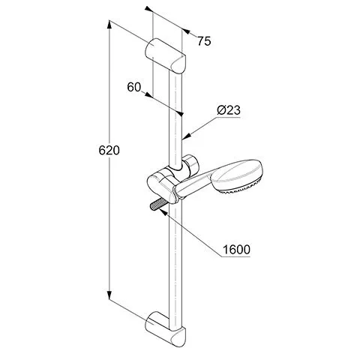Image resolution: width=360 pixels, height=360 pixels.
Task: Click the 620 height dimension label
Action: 109,151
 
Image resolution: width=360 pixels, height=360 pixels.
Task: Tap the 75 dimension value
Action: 204,41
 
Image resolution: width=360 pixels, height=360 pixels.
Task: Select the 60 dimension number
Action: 134,87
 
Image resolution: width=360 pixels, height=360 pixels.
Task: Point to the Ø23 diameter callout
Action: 229,110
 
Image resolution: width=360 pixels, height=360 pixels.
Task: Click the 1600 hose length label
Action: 236,250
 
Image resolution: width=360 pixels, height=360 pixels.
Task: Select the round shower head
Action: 236,177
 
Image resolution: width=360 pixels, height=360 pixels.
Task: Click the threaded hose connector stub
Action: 157,204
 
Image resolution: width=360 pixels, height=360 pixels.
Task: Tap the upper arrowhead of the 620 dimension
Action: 109,25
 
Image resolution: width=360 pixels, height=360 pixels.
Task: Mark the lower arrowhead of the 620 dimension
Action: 109,295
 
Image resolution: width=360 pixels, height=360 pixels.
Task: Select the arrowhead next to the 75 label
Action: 186,31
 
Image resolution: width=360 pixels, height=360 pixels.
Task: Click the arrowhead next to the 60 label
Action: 148,94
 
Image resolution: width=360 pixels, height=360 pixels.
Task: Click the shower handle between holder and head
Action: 193,185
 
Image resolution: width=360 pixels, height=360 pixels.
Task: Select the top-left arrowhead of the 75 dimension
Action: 148,9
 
